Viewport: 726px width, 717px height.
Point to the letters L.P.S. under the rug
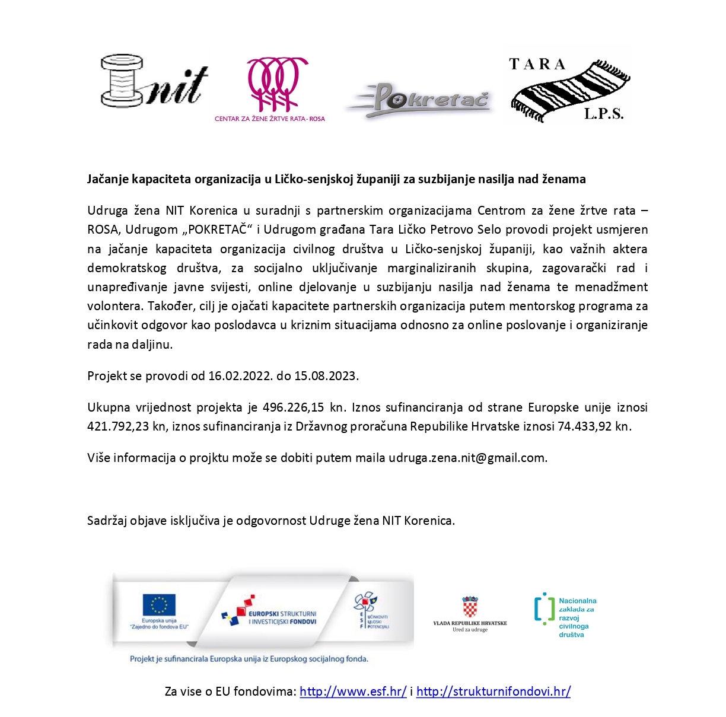point(603,114)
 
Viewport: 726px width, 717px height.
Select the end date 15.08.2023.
point(326,375)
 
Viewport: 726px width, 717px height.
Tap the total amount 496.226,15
point(294,407)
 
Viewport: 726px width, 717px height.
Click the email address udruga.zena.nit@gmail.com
point(467,457)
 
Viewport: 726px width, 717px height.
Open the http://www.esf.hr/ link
point(353,691)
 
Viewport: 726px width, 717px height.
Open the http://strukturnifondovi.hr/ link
point(493,691)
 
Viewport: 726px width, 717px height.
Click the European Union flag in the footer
point(159,606)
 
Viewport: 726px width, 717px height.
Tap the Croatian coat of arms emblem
point(470,607)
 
